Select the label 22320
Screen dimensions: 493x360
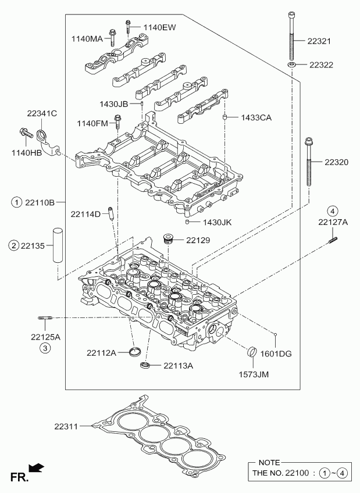336,162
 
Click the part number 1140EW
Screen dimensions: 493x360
159,27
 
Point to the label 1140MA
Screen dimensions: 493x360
87,39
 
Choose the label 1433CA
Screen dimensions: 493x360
256,117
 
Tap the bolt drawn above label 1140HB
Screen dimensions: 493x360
26,133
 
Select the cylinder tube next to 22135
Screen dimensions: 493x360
58,246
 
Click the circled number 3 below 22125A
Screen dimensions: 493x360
45,348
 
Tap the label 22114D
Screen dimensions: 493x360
86,215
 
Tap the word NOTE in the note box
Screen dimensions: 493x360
269,462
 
